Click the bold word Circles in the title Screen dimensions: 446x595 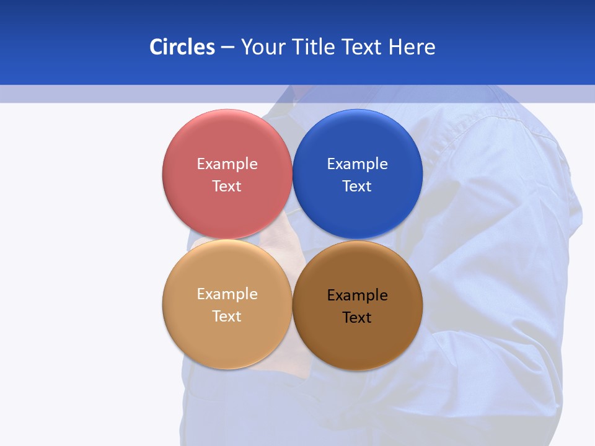tap(182, 47)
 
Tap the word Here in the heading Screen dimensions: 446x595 tap(412, 47)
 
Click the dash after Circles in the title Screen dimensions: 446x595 tap(227, 48)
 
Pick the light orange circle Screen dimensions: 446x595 tap(227, 334)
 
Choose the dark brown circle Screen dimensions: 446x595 tap(357, 338)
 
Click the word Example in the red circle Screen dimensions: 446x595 tap(227, 164)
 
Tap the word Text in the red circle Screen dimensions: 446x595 tap(227, 186)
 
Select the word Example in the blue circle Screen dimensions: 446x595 tap(357, 164)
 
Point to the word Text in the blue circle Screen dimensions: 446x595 tap(357, 186)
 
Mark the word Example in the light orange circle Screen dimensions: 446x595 tap(227, 294)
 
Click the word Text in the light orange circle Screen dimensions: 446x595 tap(227, 317)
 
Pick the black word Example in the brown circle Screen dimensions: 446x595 tap(357, 295)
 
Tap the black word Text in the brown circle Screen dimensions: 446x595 tap(357, 318)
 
